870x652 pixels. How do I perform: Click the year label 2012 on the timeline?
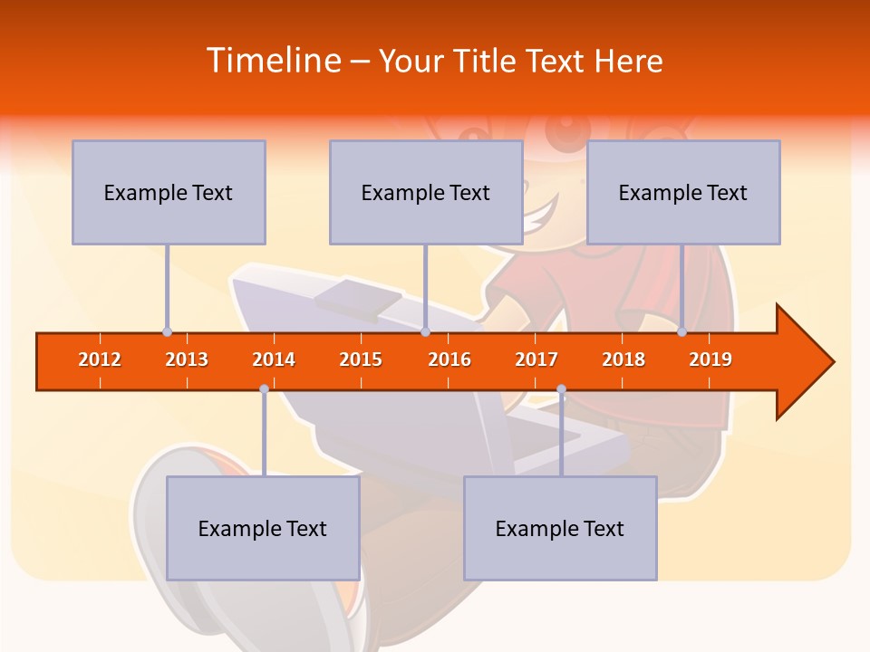(100, 360)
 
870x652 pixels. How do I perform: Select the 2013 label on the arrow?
(187, 360)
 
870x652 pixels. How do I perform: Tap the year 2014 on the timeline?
(274, 360)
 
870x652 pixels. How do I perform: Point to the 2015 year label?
(361, 360)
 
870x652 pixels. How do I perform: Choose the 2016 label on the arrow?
(449, 360)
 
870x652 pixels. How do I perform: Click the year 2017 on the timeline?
(536, 360)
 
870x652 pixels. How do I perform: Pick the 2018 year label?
(623, 360)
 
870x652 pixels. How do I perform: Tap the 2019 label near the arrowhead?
(710, 360)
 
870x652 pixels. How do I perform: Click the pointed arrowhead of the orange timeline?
(807, 362)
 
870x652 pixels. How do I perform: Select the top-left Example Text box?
(169, 192)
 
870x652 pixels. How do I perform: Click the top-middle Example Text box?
(426, 192)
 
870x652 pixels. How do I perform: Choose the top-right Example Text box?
(683, 192)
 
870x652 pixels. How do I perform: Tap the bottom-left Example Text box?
(263, 528)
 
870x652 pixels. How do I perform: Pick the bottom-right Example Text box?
(560, 528)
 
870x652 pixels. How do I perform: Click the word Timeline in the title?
(272, 61)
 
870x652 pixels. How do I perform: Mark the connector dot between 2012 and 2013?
(167, 332)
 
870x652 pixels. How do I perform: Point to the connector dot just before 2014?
(264, 389)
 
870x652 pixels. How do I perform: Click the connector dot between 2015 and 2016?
(425, 332)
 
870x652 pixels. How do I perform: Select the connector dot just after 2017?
(561, 389)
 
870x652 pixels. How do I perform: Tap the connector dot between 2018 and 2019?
(681, 332)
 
